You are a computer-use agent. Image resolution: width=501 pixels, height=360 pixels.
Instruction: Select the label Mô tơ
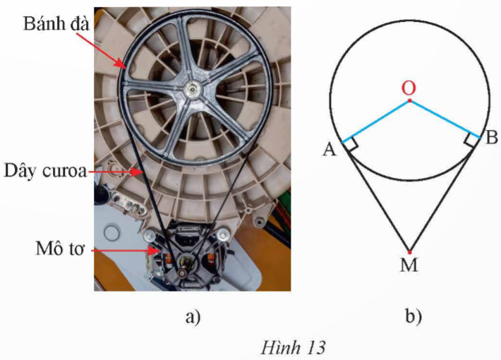52,248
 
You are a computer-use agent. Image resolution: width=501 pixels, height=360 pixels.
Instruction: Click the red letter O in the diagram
408,88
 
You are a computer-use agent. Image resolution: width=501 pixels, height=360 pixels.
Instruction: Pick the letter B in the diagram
491,138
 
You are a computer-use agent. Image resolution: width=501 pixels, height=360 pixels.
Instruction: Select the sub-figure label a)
192,317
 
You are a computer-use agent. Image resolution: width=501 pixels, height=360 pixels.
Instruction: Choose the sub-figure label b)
414,317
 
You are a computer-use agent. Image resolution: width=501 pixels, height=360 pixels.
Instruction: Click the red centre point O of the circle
409,101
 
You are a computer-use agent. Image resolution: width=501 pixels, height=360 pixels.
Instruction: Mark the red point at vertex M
409,251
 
